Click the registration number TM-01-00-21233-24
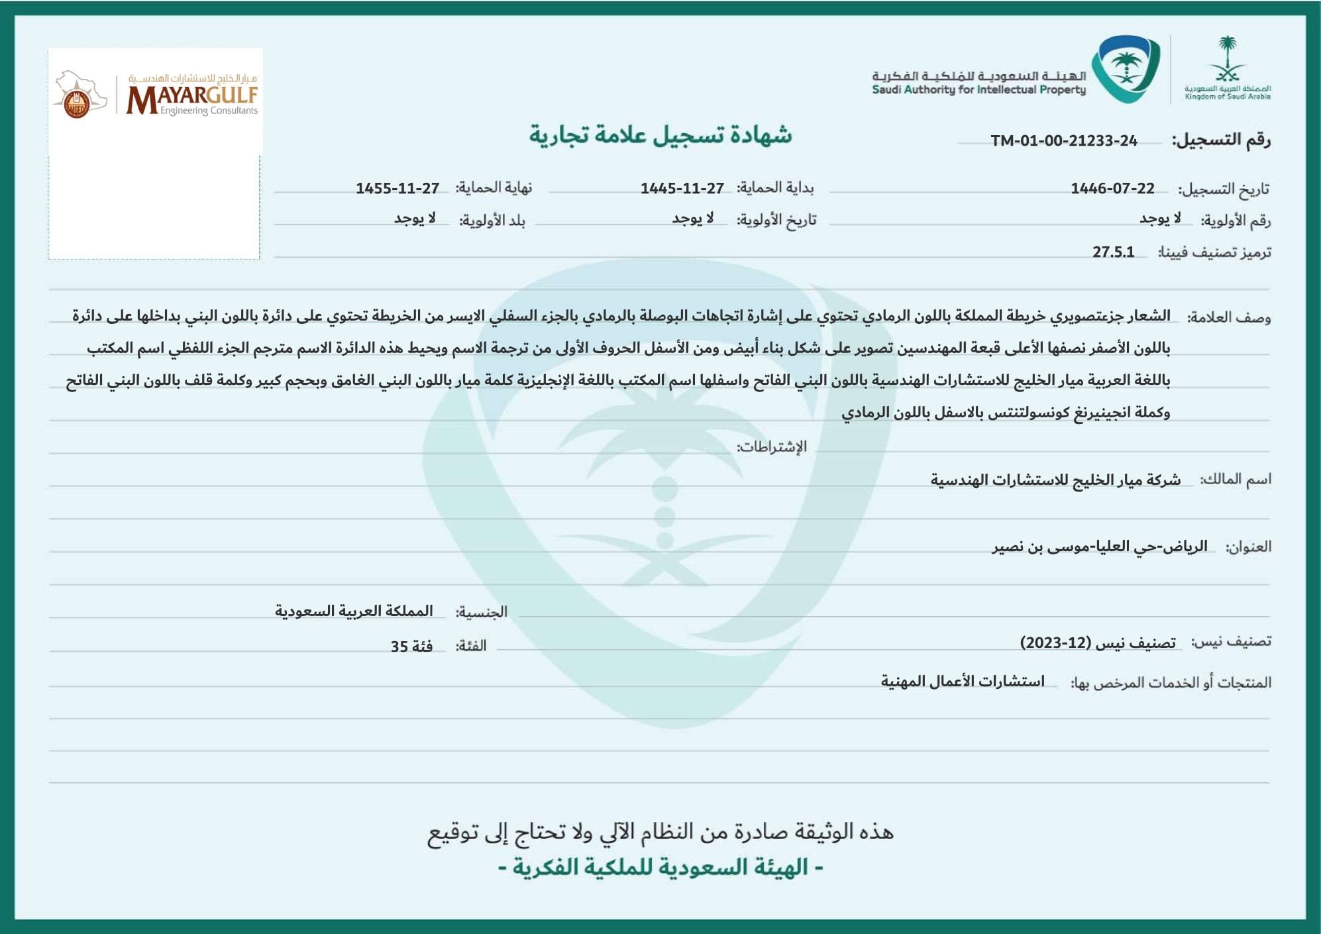pos(1063,140)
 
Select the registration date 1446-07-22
pos(1112,189)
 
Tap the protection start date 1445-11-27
pos(682,189)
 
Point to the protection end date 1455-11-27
pos(397,189)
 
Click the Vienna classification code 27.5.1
pos(1113,252)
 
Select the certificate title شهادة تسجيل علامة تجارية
pos(660,135)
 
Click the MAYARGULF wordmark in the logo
pos(192,98)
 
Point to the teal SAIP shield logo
pos(1126,69)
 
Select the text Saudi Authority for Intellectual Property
pos(978,90)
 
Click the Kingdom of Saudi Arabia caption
pos(1228,97)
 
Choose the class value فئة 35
pos(411,646)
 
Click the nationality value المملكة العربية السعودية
pos(354,611)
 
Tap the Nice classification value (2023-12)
pos(1098,643)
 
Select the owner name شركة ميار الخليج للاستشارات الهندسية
pos(1055,480)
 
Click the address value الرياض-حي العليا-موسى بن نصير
pos(1099,546)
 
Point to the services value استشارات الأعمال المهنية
pos(962,682)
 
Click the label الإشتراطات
pos(772,447)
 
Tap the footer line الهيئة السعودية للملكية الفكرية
pos(660,867)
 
